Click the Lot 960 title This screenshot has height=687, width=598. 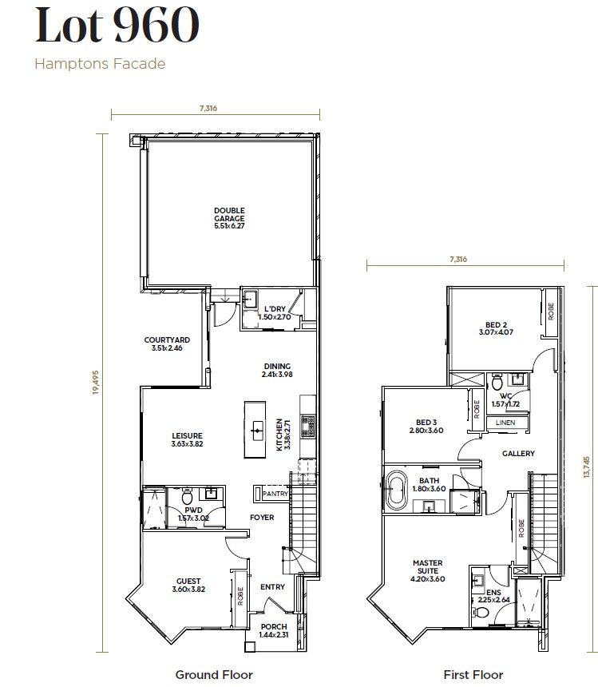117,26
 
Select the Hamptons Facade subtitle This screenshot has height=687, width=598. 100,64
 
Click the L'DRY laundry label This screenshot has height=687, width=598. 274,312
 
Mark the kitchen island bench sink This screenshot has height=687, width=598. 257,430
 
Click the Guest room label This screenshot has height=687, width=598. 188,585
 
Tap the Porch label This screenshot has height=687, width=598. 273,630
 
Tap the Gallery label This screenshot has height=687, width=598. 518,453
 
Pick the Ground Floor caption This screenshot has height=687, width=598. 214,675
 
